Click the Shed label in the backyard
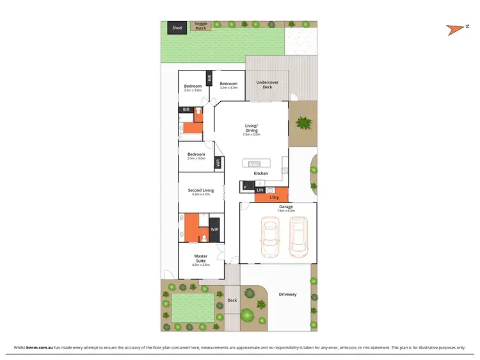point(177,28)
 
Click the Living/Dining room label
point(252,128)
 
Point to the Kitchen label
point(261,174)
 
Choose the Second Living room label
point(201,190)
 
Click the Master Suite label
point(201,258)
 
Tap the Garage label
point(285,207)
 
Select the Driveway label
point(287,295)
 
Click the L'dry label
point(274,197)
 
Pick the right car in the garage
point(298,235)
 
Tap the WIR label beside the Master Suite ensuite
point(215,229)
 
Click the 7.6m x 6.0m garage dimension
point(285,211)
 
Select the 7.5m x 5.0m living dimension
point(252,135)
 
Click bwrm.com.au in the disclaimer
point(39,347)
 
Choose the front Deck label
point(232,300)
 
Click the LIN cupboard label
point(260,190)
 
